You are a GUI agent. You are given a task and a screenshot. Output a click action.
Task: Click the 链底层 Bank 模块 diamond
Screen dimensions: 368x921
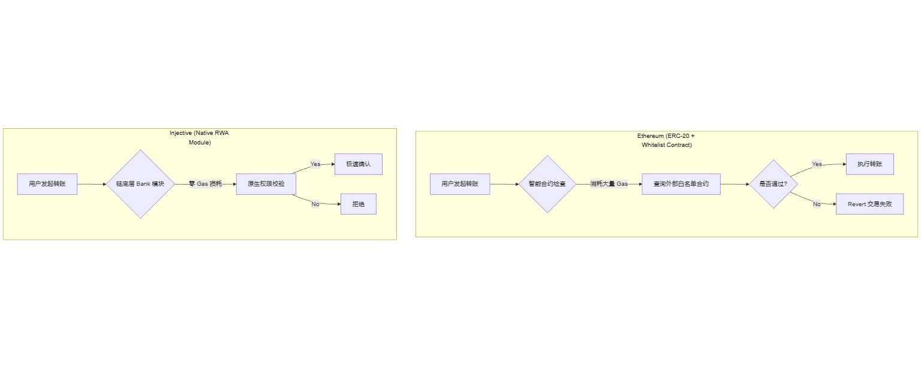140,184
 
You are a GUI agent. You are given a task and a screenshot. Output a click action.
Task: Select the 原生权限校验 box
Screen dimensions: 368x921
266,184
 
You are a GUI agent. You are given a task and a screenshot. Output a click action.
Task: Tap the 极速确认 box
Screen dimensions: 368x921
358,164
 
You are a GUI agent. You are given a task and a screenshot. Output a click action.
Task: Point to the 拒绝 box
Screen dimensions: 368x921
358,204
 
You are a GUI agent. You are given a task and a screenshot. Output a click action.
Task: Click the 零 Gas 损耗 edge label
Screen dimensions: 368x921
205,184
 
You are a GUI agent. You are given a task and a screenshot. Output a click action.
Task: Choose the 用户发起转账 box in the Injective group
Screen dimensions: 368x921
47,184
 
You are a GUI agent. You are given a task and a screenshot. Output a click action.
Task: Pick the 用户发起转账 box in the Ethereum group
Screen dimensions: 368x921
460,184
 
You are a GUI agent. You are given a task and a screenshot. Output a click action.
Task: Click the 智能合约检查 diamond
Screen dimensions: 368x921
547,184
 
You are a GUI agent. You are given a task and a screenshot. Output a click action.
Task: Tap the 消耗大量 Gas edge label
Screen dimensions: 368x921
609,184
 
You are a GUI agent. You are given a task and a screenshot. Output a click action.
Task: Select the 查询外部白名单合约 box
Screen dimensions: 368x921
681,184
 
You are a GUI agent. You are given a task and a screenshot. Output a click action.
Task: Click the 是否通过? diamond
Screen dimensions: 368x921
773,184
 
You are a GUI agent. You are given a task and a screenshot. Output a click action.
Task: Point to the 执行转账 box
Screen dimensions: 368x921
869,164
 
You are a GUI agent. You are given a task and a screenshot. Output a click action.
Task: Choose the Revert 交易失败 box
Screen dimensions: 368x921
869,204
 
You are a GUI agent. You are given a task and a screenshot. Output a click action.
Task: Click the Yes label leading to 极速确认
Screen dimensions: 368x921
315,164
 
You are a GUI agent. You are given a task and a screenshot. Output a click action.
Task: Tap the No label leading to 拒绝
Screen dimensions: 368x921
315,204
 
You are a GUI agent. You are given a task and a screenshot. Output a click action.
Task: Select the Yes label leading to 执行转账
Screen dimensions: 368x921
817,164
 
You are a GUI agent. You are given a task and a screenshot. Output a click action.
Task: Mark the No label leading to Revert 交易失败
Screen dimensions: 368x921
817,204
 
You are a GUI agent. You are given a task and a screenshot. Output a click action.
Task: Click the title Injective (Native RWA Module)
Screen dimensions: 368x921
199,138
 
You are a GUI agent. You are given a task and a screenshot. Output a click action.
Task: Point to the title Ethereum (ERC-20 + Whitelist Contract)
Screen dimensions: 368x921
666,140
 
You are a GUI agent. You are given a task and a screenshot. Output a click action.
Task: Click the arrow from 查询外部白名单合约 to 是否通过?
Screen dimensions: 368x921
735,184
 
